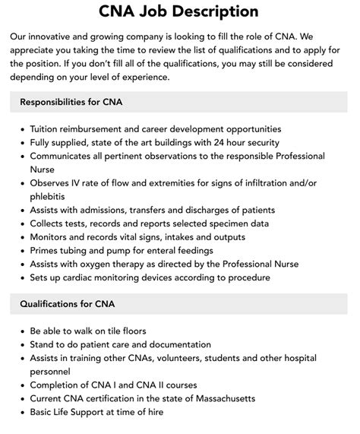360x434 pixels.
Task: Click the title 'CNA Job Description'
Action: tap(179, 11)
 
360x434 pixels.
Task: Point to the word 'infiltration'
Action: tap(288, 183)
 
